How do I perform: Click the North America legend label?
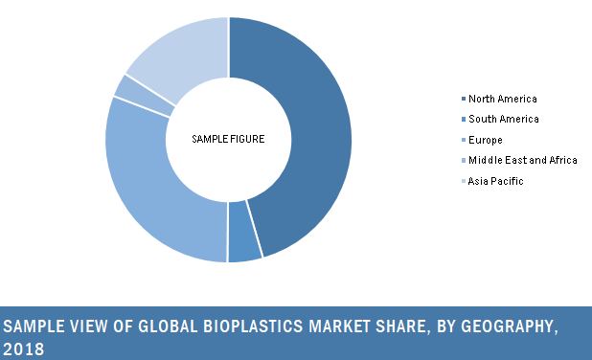[503, 99]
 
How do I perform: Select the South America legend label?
[503, 119]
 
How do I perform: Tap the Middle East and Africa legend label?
[522, 160]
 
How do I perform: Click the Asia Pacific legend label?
[495, 181]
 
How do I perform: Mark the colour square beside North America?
[464, 99]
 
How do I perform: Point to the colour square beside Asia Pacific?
[464, 181]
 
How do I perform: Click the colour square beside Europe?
[464, 140]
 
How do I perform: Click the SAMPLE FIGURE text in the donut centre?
[228, 140]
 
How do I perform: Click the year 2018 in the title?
[24, 349]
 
